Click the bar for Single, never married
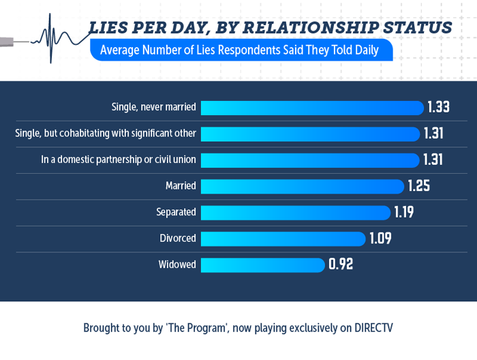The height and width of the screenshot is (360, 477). pyautogui.click(x=311, y=108)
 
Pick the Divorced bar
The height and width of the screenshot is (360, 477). pyautogui.click(x=283, y=239)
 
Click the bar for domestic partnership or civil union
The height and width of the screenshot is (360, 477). pyautogui.click(x=309, y=160)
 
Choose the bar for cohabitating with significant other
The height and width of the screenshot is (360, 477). pyautogui.click(x=309, y=134)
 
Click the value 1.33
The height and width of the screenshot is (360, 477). pyautogui.click(x=439, y=108)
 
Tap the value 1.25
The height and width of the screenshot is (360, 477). pyautogui.click(x=419, y=186)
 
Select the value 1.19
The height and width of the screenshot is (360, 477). pyautogui.click(x=403, y=212)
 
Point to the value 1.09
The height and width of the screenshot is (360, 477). pyautogui.click(x=380, y=239)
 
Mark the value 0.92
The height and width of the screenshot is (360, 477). pyautogui.click(x=340, y=265)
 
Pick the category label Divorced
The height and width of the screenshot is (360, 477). pyautogui.click(x=177, y=239)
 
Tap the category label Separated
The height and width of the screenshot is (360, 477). pyautogui.click(x=176, y=212)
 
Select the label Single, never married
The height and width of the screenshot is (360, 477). pyautogui.click(x=154, y=107)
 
